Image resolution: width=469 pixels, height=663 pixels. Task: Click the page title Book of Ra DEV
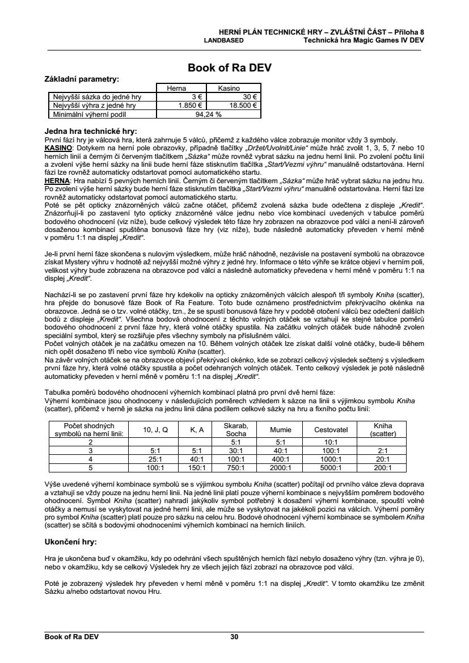click(230, 68)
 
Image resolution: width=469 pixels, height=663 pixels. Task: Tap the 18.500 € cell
click(243, 105)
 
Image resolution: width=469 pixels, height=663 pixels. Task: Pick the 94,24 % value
click(208, 113)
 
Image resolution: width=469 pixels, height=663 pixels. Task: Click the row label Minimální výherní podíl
click(85, 113)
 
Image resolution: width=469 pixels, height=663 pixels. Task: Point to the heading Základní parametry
click(81, 79)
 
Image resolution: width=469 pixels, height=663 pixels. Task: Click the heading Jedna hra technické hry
click(91, 131)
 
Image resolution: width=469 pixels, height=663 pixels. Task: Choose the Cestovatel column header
click(331, 430)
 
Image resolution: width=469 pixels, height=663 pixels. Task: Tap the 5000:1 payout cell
click(331, 468)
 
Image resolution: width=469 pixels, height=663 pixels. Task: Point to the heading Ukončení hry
click(70, 542)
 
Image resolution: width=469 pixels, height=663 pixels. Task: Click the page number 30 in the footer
click(234, 637)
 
